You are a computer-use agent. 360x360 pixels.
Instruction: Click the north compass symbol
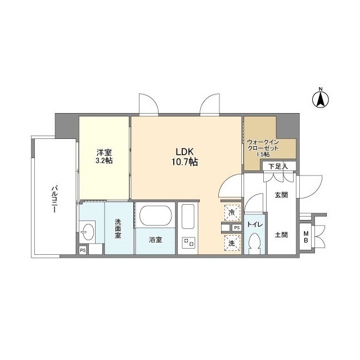coord(321,98)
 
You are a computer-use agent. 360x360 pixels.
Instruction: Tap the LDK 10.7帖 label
coord(185,157)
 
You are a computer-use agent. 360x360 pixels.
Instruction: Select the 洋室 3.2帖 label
coord(104,156)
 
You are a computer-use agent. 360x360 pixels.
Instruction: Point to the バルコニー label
coord(54,199)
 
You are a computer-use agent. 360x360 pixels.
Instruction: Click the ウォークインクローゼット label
coord(263,148)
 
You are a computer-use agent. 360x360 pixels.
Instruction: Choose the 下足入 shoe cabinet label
coord(278,166)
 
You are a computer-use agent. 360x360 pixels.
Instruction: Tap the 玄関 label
coord(281,195)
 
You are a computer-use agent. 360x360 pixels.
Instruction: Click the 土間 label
coord(281,235)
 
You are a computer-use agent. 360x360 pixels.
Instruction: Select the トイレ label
coord(255,224)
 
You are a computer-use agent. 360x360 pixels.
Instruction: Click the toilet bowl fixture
coord(255,244)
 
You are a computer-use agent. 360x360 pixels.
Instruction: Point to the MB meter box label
coord(306,237)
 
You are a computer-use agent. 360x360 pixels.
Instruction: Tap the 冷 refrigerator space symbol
coord(232,213)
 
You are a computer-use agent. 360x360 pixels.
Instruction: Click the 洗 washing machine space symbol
coord(232,243)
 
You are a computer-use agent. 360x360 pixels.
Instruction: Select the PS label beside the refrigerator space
coord(237,228)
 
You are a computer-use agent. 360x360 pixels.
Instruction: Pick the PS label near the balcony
coord(83,250)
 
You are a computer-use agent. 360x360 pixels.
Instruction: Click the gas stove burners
coord(188,242)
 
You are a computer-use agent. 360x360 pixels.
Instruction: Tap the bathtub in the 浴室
coord(155,216)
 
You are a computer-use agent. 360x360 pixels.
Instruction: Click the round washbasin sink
coord(88,232)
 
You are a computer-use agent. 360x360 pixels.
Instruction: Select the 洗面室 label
coord(118,229)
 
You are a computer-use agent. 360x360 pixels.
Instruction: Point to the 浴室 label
coord(155,240)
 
